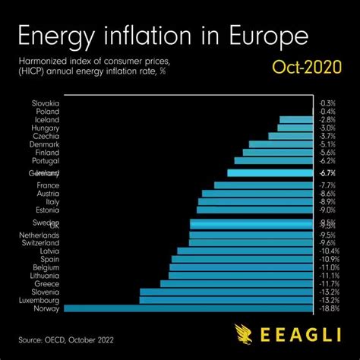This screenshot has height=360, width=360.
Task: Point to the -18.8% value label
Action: click(328, 308)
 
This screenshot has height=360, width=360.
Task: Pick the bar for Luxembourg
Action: click(226, 300)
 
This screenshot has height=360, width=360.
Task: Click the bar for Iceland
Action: click(295, 119)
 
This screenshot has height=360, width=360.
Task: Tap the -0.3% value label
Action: click(328, 103)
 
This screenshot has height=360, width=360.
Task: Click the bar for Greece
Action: click(236, 283)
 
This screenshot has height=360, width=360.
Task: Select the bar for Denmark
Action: click(280, 144)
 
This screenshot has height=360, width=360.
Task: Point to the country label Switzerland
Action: click(41, 242)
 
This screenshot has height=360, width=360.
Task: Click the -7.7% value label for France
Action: click(328, 185)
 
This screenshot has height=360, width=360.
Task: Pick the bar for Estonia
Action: click(254, 210)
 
